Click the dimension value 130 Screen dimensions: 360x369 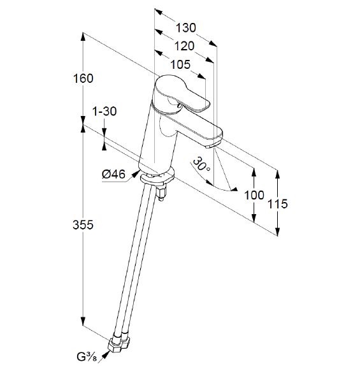185,28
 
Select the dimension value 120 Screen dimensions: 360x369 184,46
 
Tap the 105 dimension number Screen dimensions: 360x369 180,64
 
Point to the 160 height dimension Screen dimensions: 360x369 83,78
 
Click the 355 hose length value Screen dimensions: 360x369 83,225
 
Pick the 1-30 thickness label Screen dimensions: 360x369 104,111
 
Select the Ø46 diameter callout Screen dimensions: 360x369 113,175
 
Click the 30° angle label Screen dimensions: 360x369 201,164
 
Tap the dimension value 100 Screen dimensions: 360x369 254,195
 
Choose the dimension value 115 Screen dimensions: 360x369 278,204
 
